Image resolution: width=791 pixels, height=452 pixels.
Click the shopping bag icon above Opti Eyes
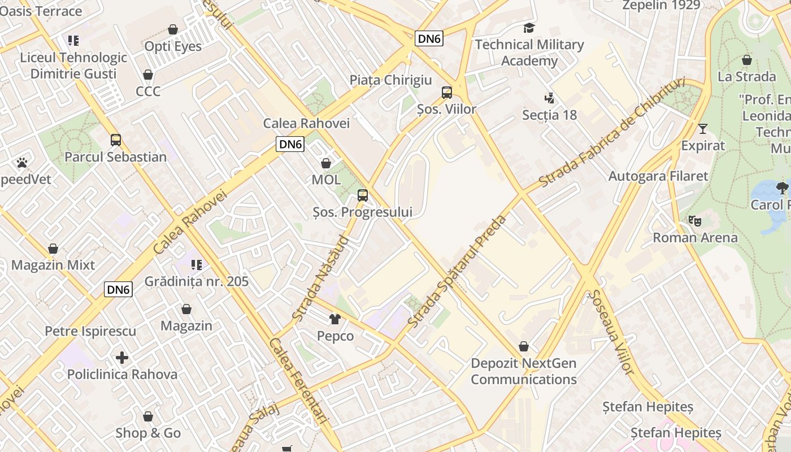click(x=173, y=29)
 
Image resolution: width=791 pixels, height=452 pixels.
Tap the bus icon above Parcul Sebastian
click(x=116, y=140)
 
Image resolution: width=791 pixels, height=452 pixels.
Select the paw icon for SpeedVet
click(x=22, y=163)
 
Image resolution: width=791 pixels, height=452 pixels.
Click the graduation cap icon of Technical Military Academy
click(x=529, y=28)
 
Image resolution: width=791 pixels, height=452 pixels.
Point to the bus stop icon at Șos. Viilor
click(x=447, y=92)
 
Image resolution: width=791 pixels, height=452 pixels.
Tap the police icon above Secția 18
click(x=549, y=98)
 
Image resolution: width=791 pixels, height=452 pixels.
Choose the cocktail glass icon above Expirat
click(x=702, y=129)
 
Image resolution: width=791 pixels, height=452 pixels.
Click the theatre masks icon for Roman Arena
click(x=694, y=220)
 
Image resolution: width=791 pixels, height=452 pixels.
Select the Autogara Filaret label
click(x=658, y=176)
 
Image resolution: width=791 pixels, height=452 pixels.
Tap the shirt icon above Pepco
click(x=335, y=319)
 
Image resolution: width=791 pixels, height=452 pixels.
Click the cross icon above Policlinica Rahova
click(x=122, y=358)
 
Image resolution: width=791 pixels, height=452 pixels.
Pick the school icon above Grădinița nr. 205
click(x=196, y=264)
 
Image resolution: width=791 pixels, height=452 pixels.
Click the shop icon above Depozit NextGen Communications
click(x=524, y=346)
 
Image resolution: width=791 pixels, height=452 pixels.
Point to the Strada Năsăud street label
click(x=320, y=279)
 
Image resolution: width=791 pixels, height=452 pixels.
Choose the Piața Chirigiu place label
click(x=390, y=80)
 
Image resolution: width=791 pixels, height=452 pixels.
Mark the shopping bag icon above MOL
click(x=326, y=164)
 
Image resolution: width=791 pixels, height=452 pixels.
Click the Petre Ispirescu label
click(x=90, y=331)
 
